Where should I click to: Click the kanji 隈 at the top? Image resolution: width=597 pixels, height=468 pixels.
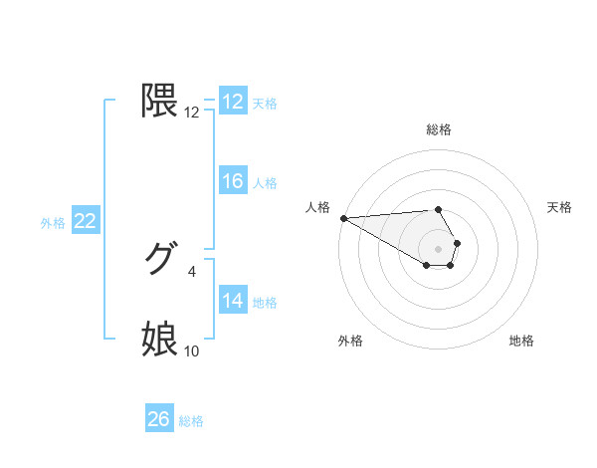click(x=160, y=101)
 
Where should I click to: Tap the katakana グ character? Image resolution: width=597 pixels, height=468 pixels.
click(x=159, y=260)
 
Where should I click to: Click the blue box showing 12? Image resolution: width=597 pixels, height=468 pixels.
click(x=233, y=102)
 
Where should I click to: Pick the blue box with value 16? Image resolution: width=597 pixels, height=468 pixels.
click(x=233, y=181)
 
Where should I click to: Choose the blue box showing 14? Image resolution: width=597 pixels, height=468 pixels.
click(x=233, y=301)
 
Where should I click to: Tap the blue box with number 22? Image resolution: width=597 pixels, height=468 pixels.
click(x=86, y=221)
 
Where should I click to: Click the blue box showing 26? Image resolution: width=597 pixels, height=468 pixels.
click(x=159, y=419)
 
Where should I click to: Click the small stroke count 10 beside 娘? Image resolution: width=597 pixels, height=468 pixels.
click(x=192, y=351)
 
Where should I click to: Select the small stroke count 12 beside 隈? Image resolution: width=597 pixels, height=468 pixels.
click(x=192, y=113)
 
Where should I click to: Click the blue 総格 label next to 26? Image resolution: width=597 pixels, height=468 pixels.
click(x=191, y=421)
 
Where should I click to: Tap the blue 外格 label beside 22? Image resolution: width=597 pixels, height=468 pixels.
click(x=53, y=223)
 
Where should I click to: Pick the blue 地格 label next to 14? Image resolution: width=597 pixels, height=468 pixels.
click(x=265, y=303)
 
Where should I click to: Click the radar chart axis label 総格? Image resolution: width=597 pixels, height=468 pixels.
click(x=439, y=129)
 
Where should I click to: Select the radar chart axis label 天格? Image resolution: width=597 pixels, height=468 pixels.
click(x=560, y=207)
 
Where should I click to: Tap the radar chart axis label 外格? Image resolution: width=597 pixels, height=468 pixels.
click(x=350, y=341)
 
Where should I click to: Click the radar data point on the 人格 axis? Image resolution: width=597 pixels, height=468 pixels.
click(x=343, y=218)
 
